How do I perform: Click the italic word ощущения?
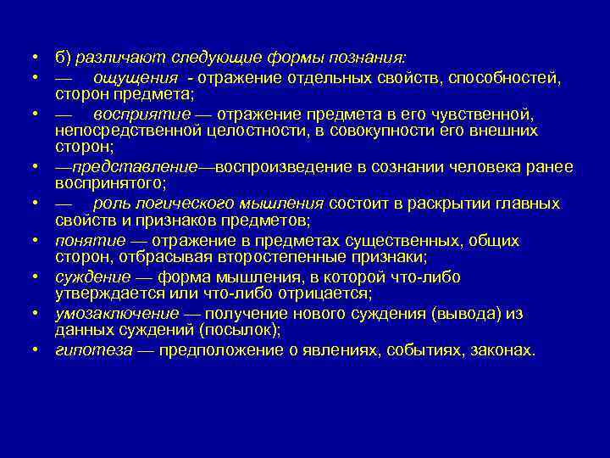tap(130, 79)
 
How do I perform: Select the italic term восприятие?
tap(130, 114)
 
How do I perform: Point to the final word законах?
tap(503, 350)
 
